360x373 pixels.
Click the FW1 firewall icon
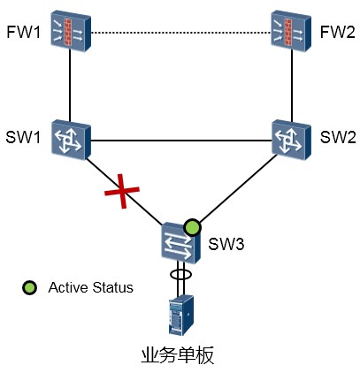coord(71,31)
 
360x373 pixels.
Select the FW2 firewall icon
coord(291,31)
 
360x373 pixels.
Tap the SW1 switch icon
coord(71,140)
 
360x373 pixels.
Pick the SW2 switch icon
coord(291,140)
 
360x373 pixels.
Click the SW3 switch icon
coord(181,242)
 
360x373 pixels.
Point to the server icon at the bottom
coord(181,315)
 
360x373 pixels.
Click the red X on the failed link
coord(122,191)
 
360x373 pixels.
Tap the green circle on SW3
coord(192,228)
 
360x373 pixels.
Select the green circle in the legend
coord(30,287)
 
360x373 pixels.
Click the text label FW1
coord(23,32)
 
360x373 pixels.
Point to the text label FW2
coord(338,32)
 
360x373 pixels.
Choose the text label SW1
coord(23,137)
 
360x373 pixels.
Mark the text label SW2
coord(338,137)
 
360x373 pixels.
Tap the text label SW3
coord(226,244)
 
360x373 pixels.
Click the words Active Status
coord(91,287)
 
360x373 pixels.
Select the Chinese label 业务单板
coord(178,355)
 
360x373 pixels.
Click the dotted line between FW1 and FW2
coord(180,33)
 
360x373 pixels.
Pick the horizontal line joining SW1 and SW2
coord(181,141)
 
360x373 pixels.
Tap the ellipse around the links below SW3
coord(181,274)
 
